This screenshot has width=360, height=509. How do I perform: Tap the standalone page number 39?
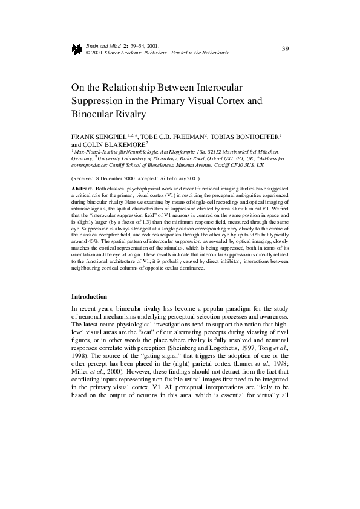click(x=285, y=48)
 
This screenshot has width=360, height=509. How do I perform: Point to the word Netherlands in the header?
click(x=215, y=53)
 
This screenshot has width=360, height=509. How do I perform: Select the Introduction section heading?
click(x=89, y=297)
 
